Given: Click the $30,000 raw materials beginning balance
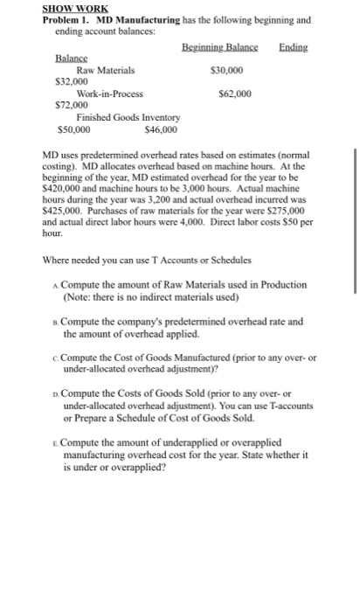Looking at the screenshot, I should pyautogui.click(x=227, y=69).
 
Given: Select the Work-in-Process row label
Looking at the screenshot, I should pyautogui.click(x=110, y=92).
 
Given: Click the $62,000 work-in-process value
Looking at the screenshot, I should pyautogui.click(x=232, y=92).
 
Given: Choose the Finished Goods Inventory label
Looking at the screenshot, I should pyautogui.click(x=128, y=116).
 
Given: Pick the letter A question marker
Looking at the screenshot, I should pyautogui.click(x=56, y=286).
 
